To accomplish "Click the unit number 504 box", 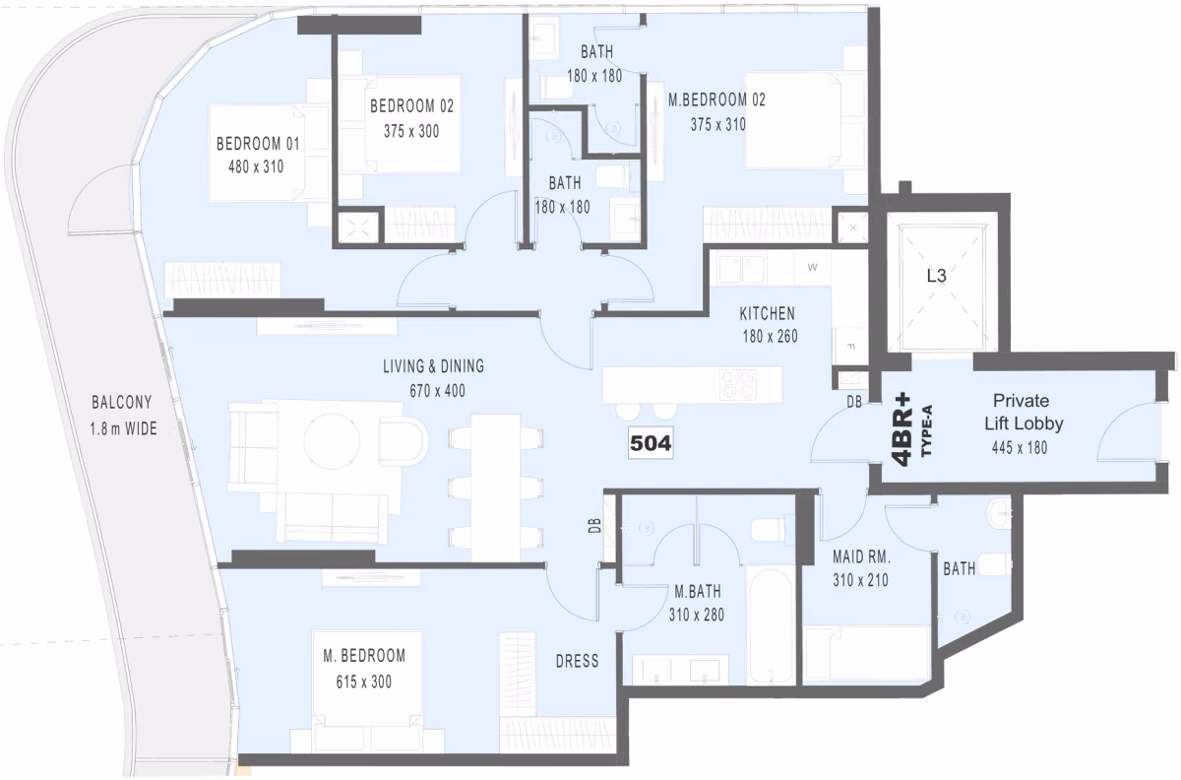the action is click(x=651, y=443).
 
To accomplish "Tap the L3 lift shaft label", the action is click(x=936, y=276).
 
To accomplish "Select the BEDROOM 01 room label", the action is click(x=258, y=144).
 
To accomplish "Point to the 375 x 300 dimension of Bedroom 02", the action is click(x=411, y=131).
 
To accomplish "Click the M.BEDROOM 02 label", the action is click(x=716, y=99).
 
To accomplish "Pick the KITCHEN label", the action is click(x=767, y=314).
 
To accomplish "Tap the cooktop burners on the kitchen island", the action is click(x=738, y=384).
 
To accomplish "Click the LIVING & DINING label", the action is click(x=433, y=366).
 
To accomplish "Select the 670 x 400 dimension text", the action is click(x=437, y=391).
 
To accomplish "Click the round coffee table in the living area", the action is click(x=333, y=440).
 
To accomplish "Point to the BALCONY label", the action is click(x=122, y=403).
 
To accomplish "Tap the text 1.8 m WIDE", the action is click(x=123, y=428).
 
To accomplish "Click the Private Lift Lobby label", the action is click(x=1024, y=412).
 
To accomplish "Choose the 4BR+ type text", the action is click(x=903, y=429).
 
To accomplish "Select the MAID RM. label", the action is click(x=861, y=556).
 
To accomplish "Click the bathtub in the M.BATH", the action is click(x=772, y=625).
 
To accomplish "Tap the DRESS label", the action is click(x=578, y=661).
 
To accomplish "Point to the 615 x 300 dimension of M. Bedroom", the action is click(x=364, y=682).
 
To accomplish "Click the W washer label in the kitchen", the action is click(x=813, y=268).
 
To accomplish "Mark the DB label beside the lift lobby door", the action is click(x=854, y=402).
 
